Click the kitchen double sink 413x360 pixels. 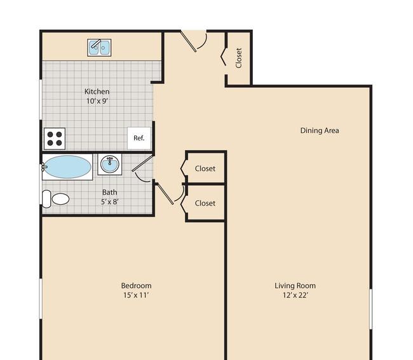[x=99, y=48]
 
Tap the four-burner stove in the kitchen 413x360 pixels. [x=55, y=139]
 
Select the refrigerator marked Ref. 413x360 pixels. [x=139, y=138]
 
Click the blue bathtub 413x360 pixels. [x=67, y=167]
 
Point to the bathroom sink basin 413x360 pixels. [x=109, y=165]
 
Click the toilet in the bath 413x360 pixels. [x=55, y=199]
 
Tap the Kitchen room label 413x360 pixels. [x=97, y=92]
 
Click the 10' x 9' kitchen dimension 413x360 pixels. [x=97, y=101]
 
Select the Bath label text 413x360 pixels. [x=109, y=192]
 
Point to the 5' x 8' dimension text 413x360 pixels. [x=109, y=202]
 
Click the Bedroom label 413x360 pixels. [x=136, y=286]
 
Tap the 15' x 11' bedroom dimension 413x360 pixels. [x=136, y=295]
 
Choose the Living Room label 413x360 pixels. [x=295, y=286]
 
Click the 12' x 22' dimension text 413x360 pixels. [x=295, y=295]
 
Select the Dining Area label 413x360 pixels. [x=320, y=130]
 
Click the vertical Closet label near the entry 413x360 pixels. [x=239, y=58]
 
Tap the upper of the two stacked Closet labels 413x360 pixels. [x=205, y=169]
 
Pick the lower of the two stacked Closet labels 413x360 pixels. [x=205, y=204]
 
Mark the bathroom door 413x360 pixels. [x=142, y=168]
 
